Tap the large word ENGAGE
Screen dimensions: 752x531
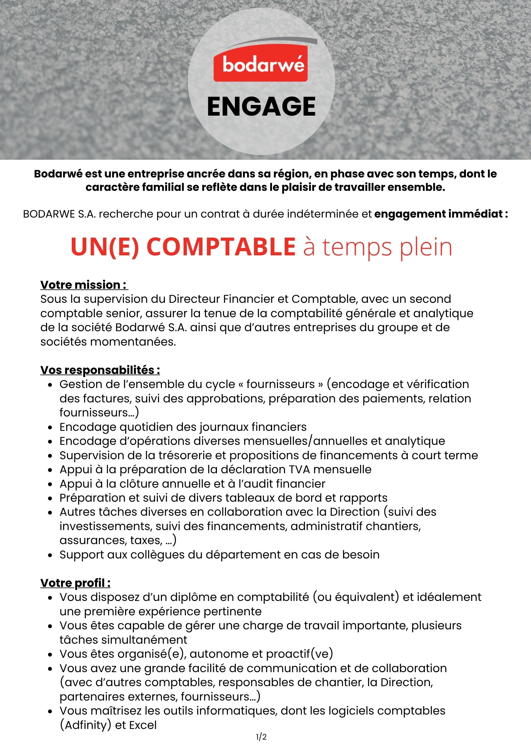tap(261, 107)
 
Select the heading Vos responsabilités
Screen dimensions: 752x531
tap(100, 370)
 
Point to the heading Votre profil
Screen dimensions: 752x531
tap(75, 583)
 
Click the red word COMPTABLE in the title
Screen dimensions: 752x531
tap(221, 247)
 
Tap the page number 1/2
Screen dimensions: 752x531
tap(261, 737)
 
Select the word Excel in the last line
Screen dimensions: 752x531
tap(143, 725)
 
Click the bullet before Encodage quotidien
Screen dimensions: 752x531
tap(50, 427)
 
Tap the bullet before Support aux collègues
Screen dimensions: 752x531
tap(50, 555)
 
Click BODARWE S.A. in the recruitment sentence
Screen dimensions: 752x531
tap(59, 214)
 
